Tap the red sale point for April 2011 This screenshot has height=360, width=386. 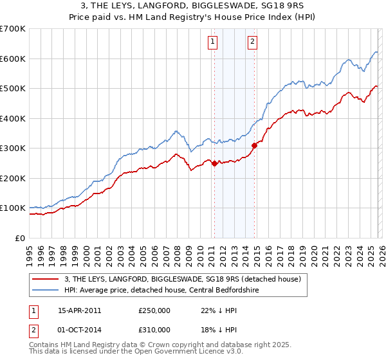(214, 163)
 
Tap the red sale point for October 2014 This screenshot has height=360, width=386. (254, 145)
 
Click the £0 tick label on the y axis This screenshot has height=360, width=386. (21, 238)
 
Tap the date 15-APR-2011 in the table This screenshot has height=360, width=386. (79, 310)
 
